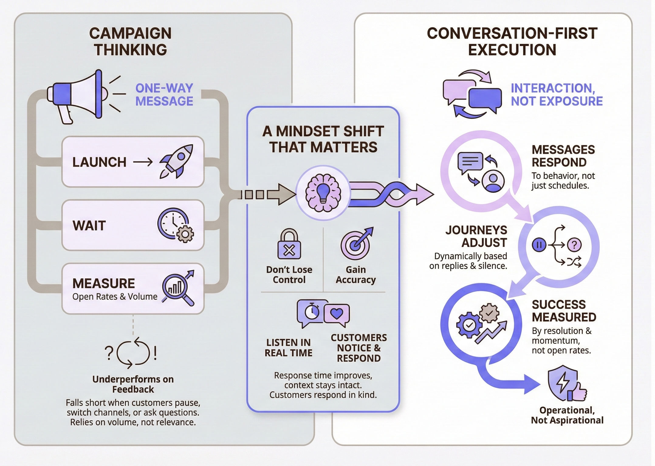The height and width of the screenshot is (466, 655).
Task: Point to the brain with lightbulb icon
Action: (x=323, y=193)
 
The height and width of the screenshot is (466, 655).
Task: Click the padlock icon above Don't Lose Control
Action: (x=289, y=244)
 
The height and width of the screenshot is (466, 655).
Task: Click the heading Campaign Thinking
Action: (x=130, y=42)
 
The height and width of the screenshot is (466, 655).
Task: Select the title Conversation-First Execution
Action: (x=512, y=42)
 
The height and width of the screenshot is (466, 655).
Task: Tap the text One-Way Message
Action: (x=164, y=95)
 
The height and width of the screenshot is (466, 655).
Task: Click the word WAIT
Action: (x=89, y=226)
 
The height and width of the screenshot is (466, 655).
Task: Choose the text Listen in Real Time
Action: (x=288, y=348)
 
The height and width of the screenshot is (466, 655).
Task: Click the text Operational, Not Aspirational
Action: (x=567, y=415)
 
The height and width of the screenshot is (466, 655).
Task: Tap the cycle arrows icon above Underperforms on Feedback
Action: (x=133, y=353)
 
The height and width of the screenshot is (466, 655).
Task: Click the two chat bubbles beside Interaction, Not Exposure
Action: (x=472, y=94)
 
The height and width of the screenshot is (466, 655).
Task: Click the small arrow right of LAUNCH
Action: (x=143, y=162)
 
